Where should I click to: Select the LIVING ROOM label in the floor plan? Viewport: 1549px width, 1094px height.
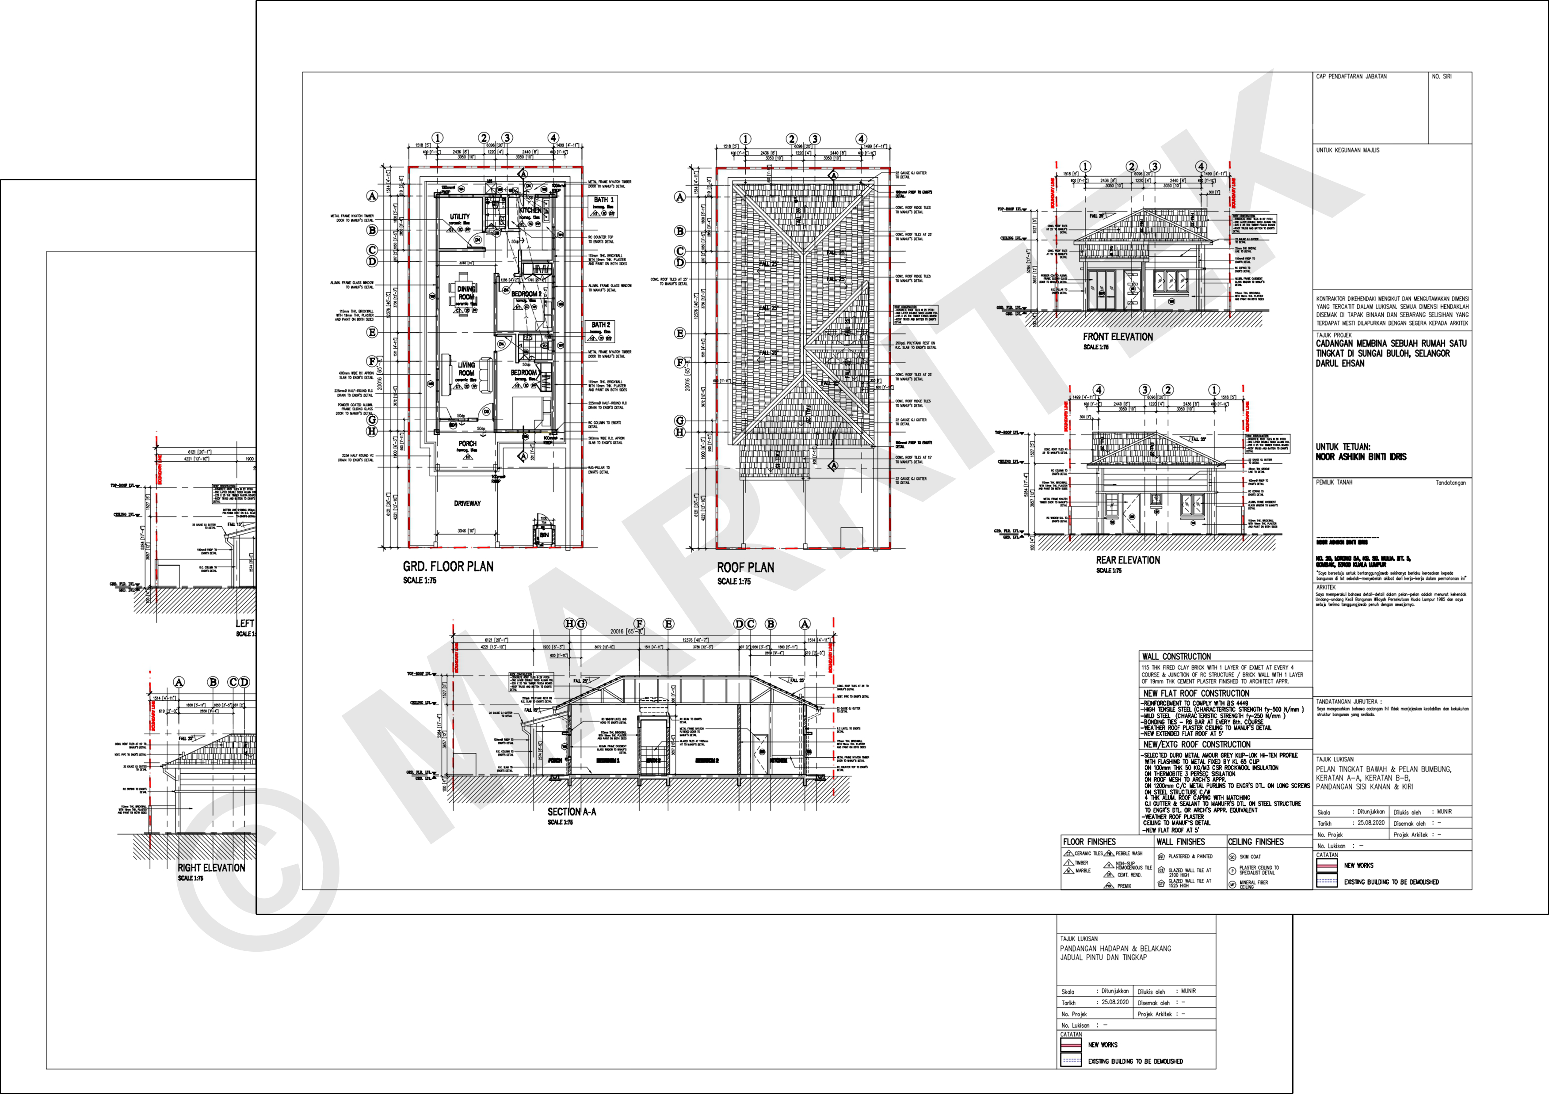pyautogui.click(x=466, y=368)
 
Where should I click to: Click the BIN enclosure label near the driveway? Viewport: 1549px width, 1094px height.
pyautogui.click(x=544, y=534)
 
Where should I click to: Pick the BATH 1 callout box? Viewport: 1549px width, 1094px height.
pyautogui.click(x=603, y=200)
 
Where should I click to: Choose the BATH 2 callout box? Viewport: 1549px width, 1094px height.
pyautogui.click(x=600, y=325)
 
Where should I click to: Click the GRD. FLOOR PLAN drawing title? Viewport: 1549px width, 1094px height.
pyautogui.click(x=448, y=566)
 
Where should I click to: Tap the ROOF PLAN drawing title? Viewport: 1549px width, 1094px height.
pyautogui.click(x=745, y=568)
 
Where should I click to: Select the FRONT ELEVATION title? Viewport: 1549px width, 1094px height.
pyautogui.click(x=1118, y=337)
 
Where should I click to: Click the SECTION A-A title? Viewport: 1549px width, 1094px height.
pyautogui.click(x=572, y=811)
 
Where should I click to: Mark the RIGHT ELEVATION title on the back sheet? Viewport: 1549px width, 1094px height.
pyautogui.click(x=211, y=867)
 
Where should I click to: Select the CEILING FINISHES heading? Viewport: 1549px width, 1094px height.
pyautogui.click(x=1255, y=842)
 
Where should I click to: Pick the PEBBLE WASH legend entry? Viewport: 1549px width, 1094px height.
pyautogui.click(x=1129, y=853)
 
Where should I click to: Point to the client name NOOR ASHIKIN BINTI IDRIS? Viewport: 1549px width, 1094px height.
pyautogui.click(x=1361, y=456)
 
